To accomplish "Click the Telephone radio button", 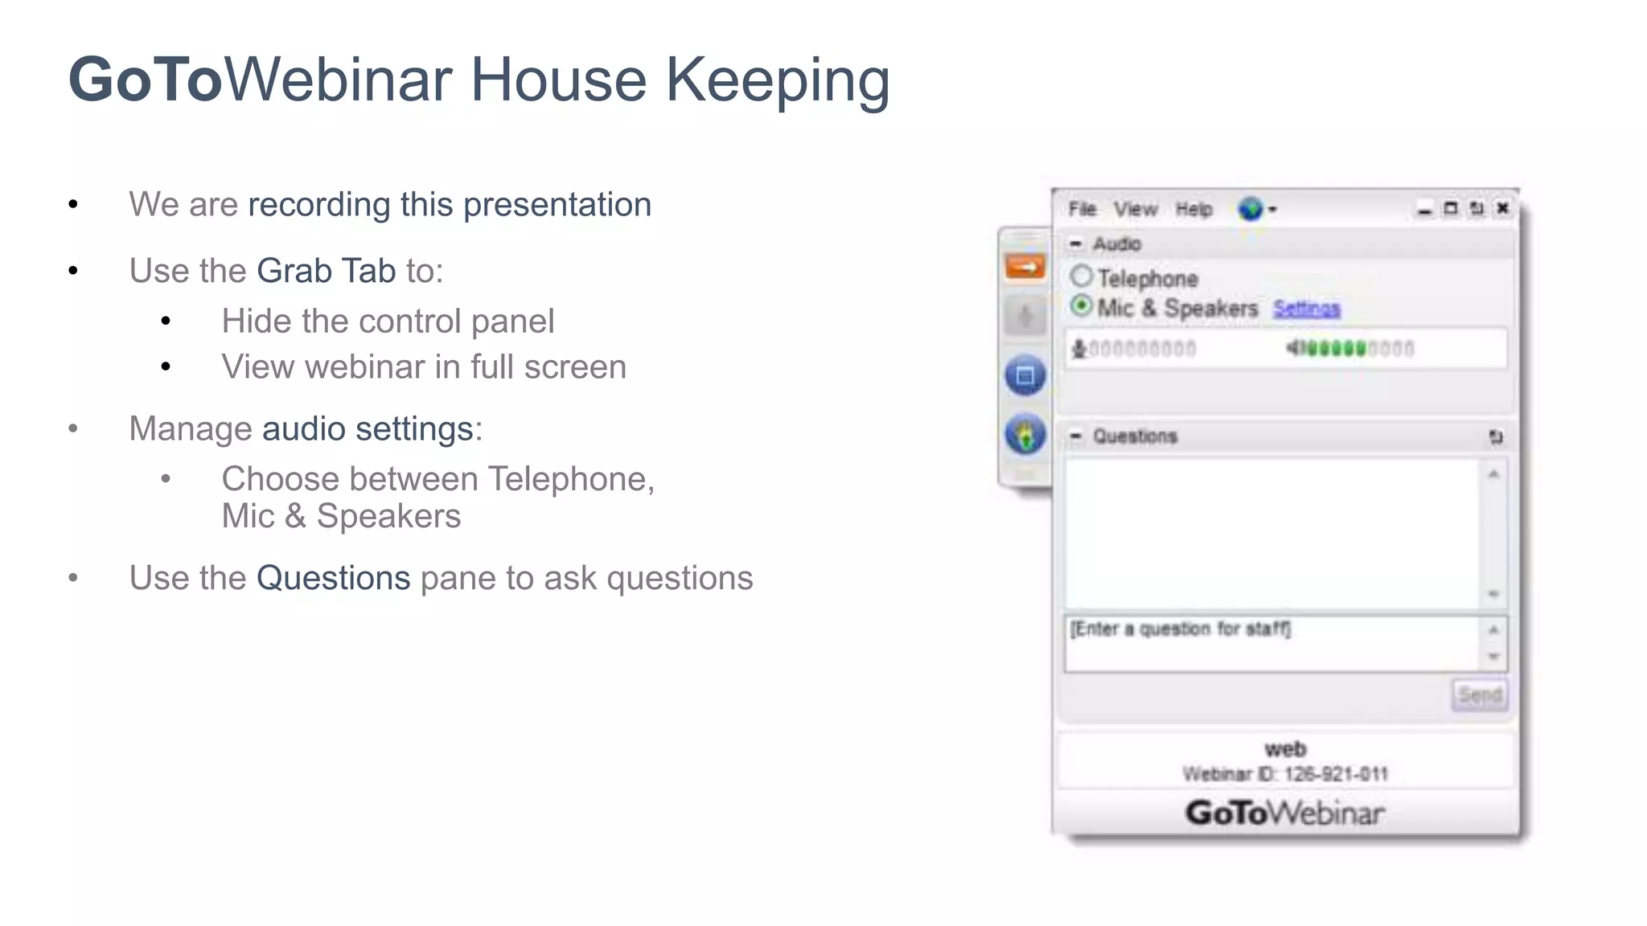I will click(1082, 277).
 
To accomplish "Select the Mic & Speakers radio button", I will click(1082, 306).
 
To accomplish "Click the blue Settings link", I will click(1306, 309).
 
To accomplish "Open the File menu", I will click(1082, 210).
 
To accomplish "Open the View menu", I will click(1135, 210).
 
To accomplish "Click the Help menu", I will click(1193, 210).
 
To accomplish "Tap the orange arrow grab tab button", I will click(1025, 267).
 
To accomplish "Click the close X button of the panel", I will click(1502, 209).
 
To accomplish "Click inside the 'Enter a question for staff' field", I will click(1271, 643).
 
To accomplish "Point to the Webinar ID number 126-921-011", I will click(1336, 774).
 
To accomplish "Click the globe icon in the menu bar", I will click(1251, 210).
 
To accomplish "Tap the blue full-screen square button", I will click(1025, 375).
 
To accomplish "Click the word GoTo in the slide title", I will click(146, 80).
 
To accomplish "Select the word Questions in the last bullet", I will click(333, 578).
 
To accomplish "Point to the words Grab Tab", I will click(326, 271).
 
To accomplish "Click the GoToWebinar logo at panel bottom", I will click(1284, 813).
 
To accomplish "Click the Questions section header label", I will click(1135, 436).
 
